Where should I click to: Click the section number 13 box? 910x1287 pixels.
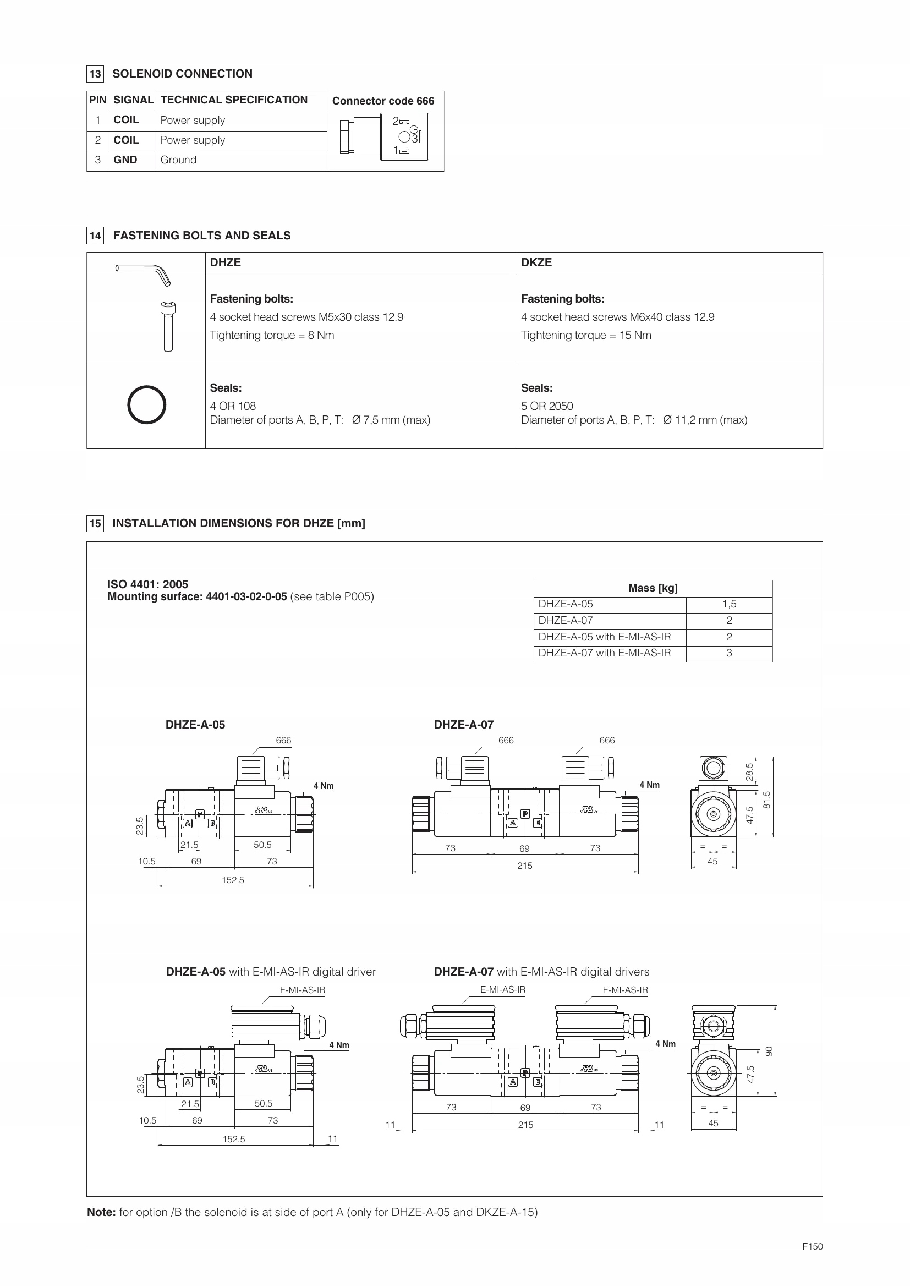click(x=95, y=74)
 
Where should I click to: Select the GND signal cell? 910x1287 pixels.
click(x=125, y=160)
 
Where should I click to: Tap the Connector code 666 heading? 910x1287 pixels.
click(x=383, y=101)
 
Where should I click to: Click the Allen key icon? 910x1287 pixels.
click(x=143, y=273)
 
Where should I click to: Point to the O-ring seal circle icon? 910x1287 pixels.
click(x=146, y=404)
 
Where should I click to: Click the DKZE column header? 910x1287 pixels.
click(x=536, y=262)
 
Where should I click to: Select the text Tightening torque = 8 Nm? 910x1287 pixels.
click(x=272, y=335)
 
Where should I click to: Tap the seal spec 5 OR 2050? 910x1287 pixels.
click(x=547, y=406)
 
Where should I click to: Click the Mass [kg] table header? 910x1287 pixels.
click(x=653, y=588)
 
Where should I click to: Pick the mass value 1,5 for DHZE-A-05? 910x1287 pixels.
click(x=729, y=604)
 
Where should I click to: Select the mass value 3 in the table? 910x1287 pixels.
click(x=729, y=653)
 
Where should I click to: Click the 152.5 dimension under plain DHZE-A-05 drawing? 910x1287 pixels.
click(x=233, y=880)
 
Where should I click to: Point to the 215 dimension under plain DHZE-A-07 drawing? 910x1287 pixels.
click(x=524, y=866)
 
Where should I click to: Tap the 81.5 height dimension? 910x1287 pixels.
click(x=766, y=799)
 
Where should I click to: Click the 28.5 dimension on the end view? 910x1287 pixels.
click(x=750, y=772)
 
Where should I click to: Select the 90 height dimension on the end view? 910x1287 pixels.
click(x=769, y=1051)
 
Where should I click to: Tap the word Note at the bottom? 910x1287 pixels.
click(x=101, y=1213)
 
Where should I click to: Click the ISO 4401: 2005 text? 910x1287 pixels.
click(x=148, y=584)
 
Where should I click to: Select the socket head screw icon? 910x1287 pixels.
click(x=168, y=326)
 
